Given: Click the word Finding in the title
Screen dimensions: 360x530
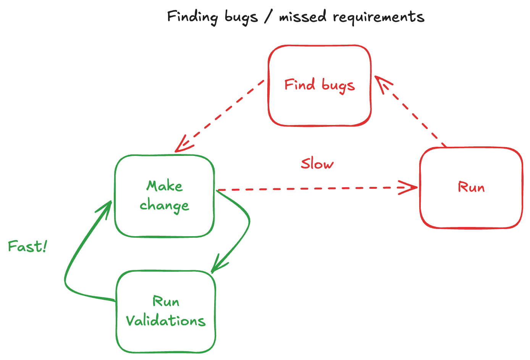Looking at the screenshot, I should pos(192,17).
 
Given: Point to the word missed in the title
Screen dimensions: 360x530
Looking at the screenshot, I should pos(303,17).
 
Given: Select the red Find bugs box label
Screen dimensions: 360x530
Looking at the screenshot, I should pos(320,85).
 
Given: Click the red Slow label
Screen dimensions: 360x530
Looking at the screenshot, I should pos(317,164).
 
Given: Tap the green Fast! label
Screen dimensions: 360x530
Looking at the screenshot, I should pos(27,246).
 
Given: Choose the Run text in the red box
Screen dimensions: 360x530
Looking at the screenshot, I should pos(471,187).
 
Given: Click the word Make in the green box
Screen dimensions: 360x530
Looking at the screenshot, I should pos(165,186).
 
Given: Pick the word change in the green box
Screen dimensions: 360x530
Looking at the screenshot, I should pos(164,206).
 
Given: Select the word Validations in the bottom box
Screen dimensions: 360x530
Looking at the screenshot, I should pos(166,321).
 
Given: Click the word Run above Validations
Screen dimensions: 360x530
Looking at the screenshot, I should pos(166,302).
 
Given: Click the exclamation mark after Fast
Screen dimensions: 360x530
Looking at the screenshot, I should pos(45,246).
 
